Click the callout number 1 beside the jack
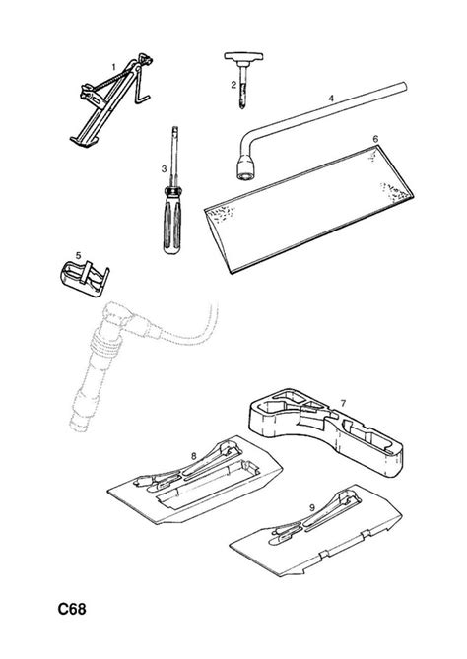[x=113, y=67]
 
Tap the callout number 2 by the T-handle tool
[x=233, y=85]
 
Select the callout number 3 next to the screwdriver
[x=164, y=169]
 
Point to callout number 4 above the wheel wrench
[x=331, y=99]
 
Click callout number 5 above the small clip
[x=78, y=255]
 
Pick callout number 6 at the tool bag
[x=375, y=139]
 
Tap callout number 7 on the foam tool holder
[x=343, y=404]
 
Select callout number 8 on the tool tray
[x=193, y=456]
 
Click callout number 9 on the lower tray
[x=312, y=507]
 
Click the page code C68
[x=72, y=609]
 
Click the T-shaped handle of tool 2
[x=243, y=56]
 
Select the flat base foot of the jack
[x=84, y=141]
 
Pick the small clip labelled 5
[x=85, y=279]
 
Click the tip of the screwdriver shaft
[x=174, y=127]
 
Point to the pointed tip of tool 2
[x=242, y=108]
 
